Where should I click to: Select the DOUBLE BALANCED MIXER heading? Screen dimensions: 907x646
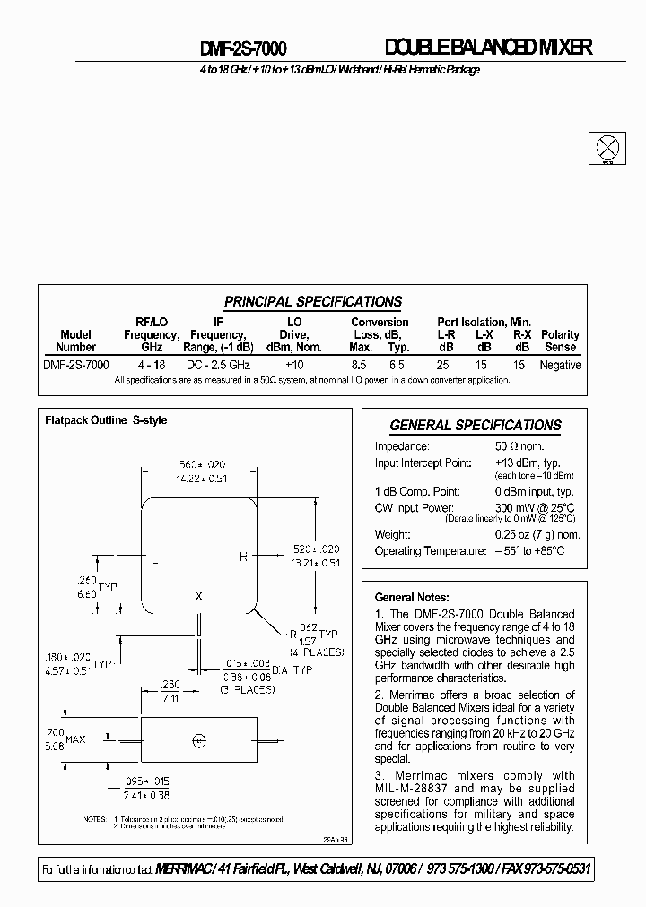[x=488, y=48]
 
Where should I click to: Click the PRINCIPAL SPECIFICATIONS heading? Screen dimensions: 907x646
[x=312, y=302]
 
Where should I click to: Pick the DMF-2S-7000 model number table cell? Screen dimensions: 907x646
[x=76, y=365]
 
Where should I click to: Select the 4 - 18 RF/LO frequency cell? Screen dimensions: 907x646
[x=151, y=365]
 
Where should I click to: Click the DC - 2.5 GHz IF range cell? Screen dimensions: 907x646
[x=218, y=365]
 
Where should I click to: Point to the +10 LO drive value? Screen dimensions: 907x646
[x=294, y=365]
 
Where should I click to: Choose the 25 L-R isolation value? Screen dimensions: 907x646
[x=443, y=365]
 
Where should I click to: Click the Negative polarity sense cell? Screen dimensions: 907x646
[x=560, y=365]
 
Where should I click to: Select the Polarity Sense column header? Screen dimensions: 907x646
[x=561, y=341]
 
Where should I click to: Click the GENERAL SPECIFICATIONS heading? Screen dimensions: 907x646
[x=475, y=426]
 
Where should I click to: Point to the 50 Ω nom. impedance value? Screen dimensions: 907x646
[x=519, y=446]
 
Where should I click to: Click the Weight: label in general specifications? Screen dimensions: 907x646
[x=393, y=535]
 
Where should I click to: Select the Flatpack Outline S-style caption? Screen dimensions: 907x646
[x=106, y=419]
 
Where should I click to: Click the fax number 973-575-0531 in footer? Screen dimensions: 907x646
[x=550, y=870]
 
